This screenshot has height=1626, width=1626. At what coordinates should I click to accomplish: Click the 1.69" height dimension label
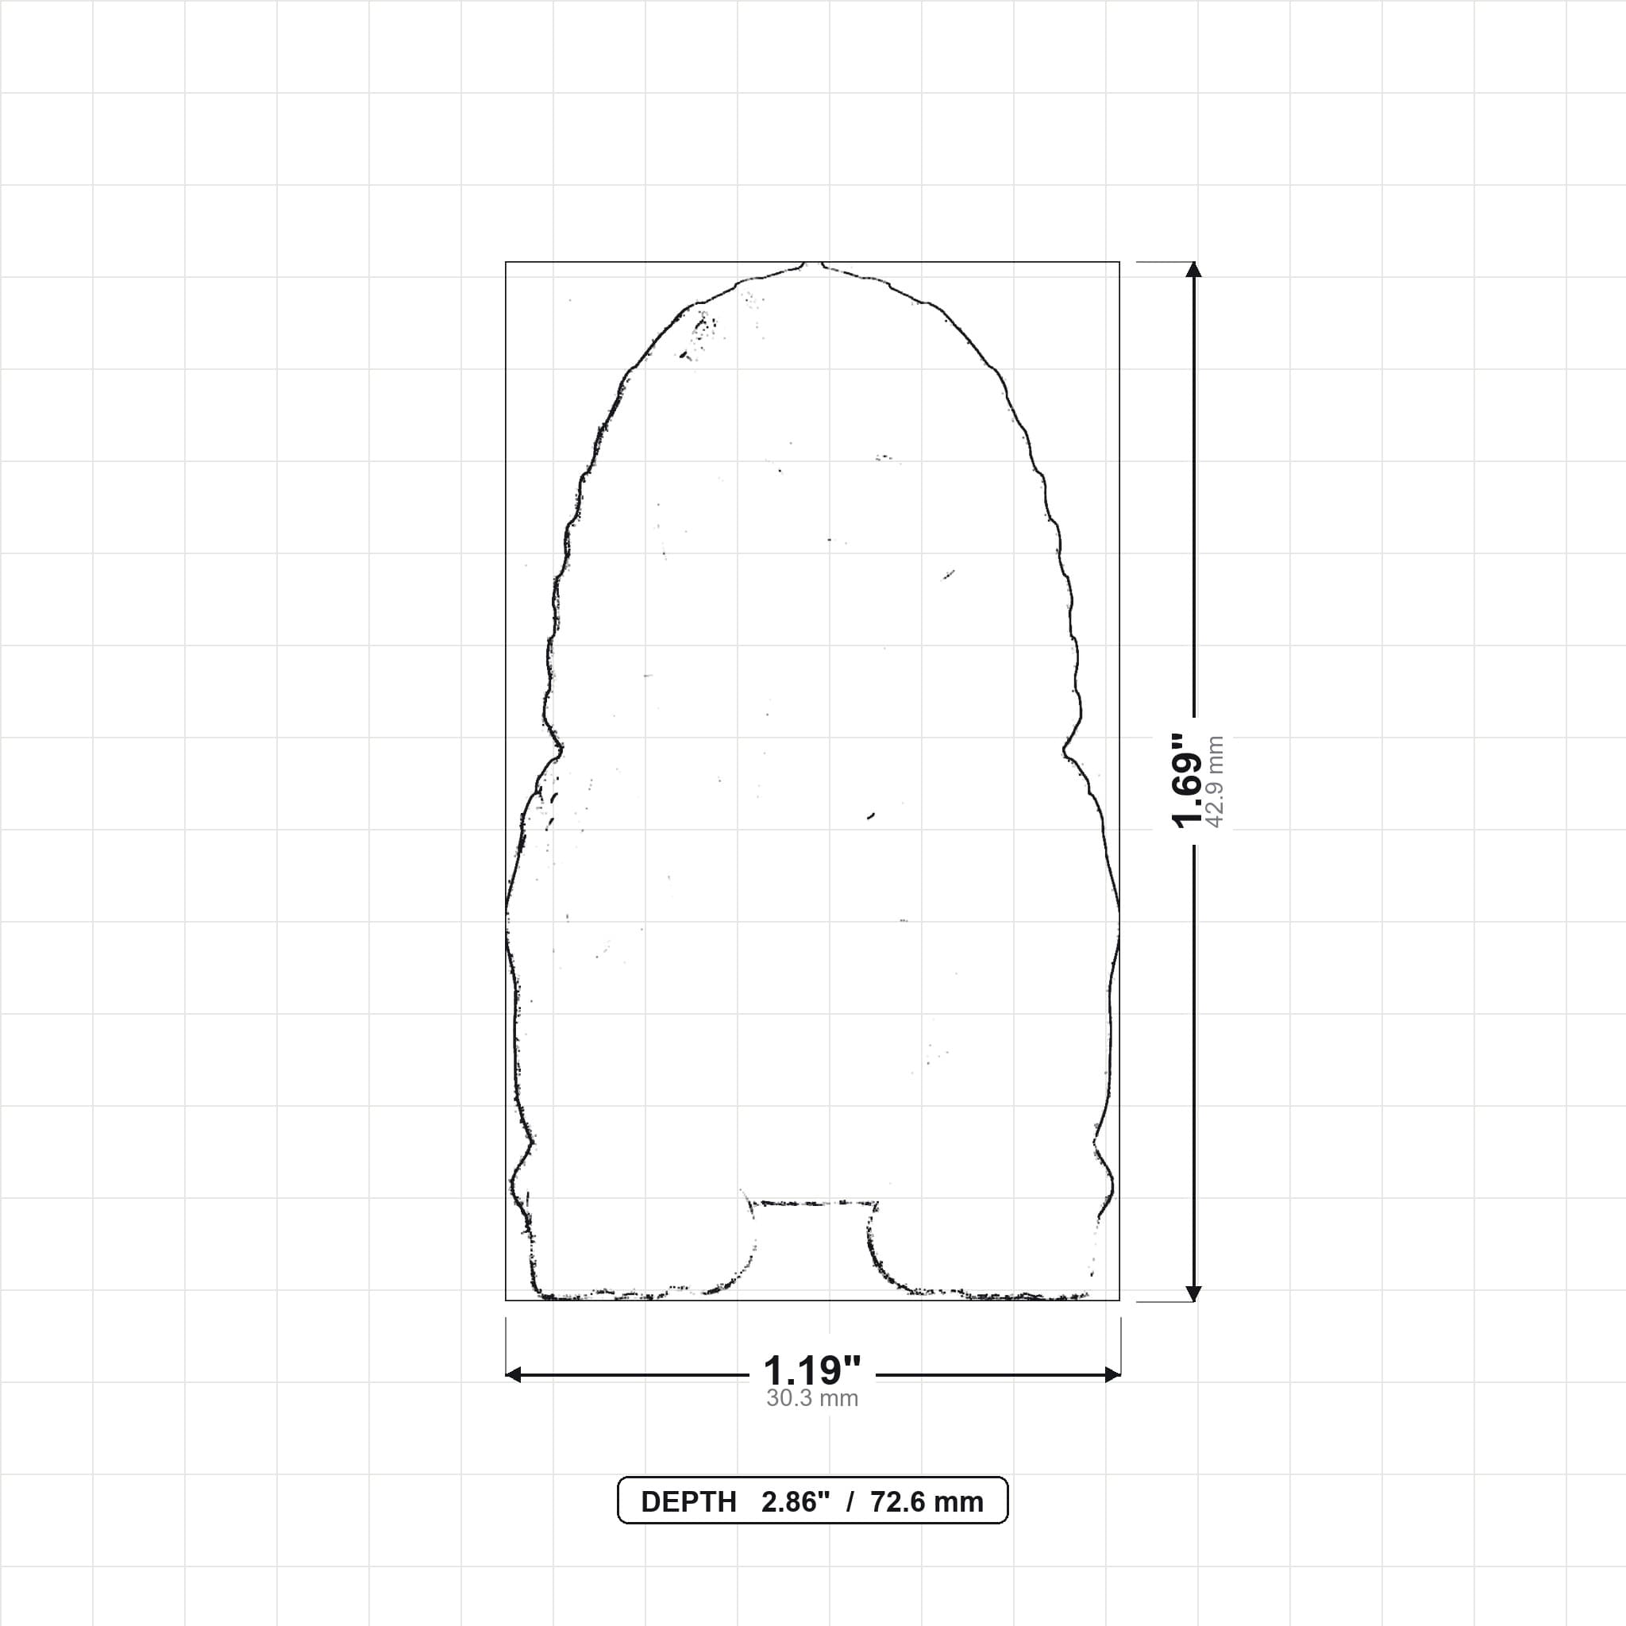pos(1188,780)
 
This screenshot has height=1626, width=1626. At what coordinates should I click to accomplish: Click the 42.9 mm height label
pos(1215,782)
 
